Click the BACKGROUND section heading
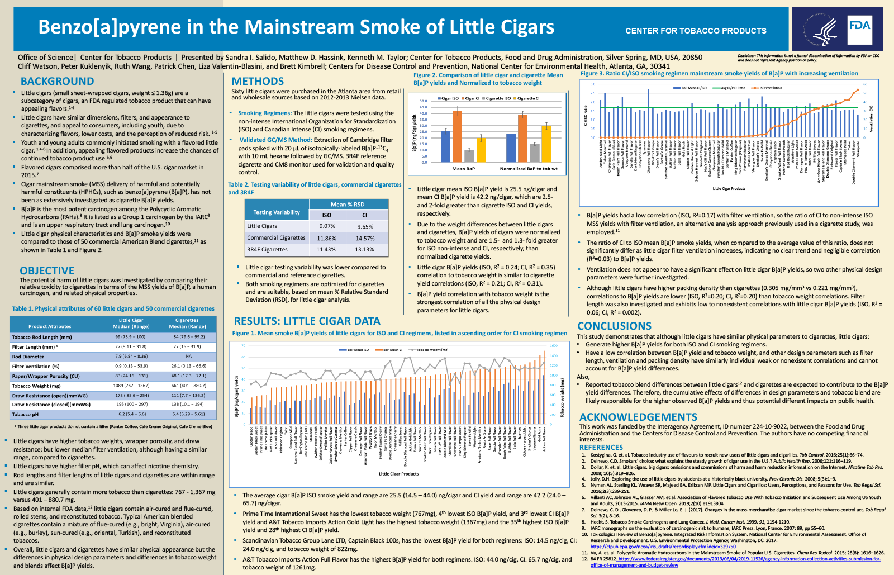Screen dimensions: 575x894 pos(57,82)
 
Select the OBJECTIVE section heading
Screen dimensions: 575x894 pos(47,270)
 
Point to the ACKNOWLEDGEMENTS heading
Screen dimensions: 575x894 pos(638,417)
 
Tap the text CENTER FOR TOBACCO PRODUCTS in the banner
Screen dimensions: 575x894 pos(696,31)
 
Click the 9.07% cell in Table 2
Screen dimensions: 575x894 pos(327,226)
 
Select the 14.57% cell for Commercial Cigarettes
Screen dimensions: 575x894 pos(364,238)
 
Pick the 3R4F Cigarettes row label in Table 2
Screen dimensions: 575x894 pos(267,250)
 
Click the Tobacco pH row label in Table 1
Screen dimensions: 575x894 pos(26,414)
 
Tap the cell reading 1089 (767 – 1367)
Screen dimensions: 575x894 pos(131,386)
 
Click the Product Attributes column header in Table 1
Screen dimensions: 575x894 pos(50,326)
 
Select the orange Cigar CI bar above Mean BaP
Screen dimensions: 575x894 pos(457,136)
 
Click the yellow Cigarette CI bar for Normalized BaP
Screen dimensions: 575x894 pos(546,143)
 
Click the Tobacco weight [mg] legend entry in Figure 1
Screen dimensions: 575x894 pos(431,350)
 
